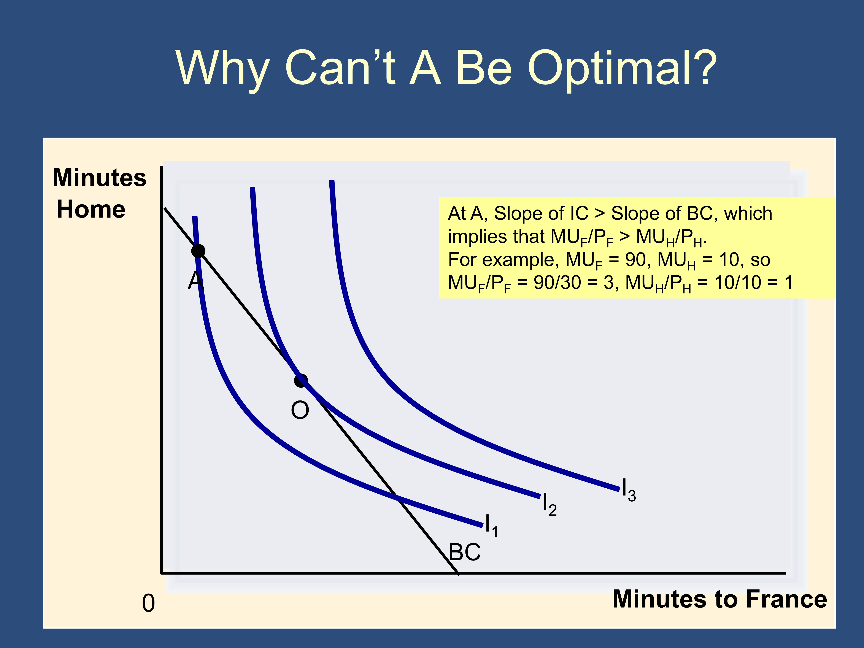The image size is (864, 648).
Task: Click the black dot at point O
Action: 301,380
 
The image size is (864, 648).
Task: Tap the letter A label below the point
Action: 196,280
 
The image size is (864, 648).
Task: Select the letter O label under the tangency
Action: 300,410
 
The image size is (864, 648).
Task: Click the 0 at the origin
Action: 148,604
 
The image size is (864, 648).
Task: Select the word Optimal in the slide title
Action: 622,68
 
